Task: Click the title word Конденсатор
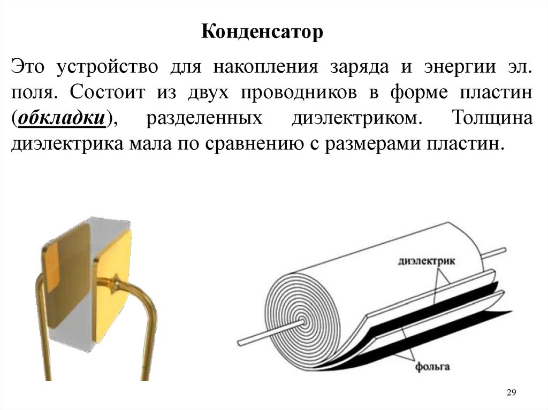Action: (x=263, y=33)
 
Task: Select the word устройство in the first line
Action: (x=111, y=68)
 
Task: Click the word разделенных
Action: (x=204, y=118)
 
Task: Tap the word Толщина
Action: (x=492, y=118)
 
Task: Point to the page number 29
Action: (x=511, y=393)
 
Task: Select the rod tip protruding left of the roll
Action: (x=242, y=341)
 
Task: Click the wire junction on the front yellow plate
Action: (x=114, y=282)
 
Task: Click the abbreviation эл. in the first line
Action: (x=521, y=68)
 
